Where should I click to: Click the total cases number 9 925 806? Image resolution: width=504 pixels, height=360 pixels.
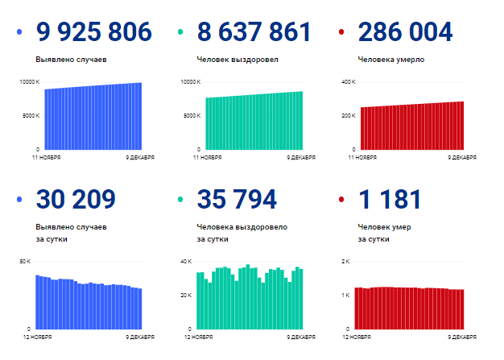click(93, 33)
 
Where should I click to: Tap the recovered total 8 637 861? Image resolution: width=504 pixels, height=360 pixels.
click(254, 33)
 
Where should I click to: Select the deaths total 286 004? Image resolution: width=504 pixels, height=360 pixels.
click(405, 33)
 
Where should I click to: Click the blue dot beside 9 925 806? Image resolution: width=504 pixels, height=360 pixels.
click(19, 33)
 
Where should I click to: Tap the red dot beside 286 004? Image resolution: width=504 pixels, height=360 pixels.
click(341, 33)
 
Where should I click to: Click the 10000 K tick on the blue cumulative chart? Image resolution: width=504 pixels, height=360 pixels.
click(29, 82)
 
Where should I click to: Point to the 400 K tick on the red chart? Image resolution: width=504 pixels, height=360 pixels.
click(349, 82)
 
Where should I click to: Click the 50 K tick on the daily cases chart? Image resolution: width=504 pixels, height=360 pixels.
click(25, 262)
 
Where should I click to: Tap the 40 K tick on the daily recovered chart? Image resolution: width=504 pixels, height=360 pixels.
click(185, 262)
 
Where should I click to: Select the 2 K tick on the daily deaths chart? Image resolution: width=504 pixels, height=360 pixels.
click(347, 262)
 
